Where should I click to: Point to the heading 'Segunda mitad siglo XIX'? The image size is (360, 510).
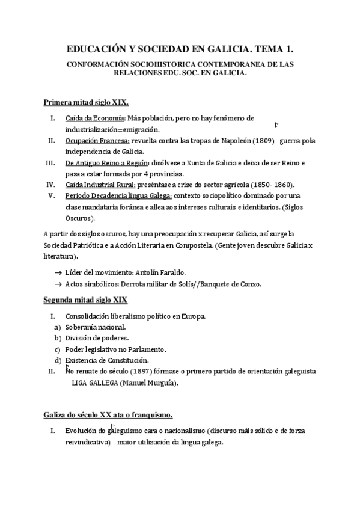click(x=85, y=300)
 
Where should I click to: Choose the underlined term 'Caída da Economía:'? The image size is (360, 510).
click(x=94, y=118)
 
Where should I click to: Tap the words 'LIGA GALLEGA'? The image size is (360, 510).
click(x=95, y=383)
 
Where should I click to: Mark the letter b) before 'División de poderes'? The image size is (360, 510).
click(x=58, y=338)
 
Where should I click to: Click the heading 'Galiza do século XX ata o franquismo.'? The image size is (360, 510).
click(x=108, y=415)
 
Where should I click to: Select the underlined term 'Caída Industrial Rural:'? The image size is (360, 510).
click(x=100, y=185)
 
